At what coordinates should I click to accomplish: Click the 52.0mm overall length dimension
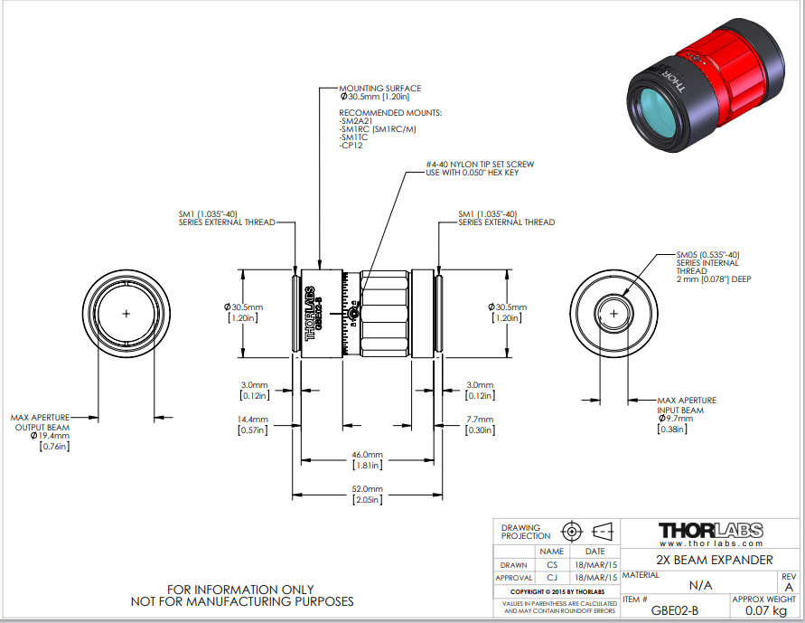pos(368,488)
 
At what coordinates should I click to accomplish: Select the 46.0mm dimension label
pos(368,454)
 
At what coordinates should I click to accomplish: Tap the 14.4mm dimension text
pos(253,420)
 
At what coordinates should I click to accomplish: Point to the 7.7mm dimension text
pos(480,420)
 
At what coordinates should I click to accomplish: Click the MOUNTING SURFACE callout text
pos(379,89)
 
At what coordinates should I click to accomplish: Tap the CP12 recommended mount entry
pos(351,145)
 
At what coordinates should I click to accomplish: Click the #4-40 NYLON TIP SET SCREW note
pos(480,165)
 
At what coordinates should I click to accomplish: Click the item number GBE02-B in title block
pos(675,610)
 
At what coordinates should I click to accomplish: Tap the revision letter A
pos(789,586)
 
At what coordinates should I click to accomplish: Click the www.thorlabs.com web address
pos(710,543)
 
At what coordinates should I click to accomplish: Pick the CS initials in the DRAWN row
pos(552,564)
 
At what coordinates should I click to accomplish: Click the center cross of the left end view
pos(126,313)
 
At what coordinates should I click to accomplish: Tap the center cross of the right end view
pos(614,313)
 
